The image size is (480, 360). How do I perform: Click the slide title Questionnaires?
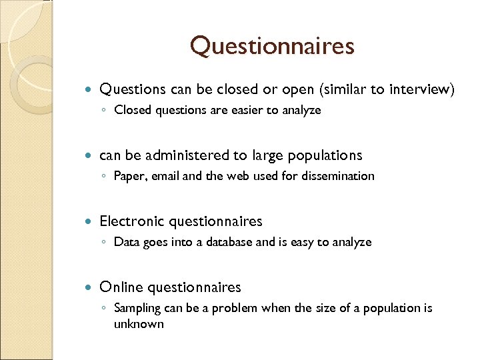(272, 46)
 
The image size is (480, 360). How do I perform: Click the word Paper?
(127, 176)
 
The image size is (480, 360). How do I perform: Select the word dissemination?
(337, 176)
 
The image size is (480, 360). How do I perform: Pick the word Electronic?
(132, 221)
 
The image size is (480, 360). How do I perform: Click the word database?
(228, 242)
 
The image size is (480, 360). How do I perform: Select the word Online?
(121, 287)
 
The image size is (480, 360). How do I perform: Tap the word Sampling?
(137, 308)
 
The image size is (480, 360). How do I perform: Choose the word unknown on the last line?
(139, 324)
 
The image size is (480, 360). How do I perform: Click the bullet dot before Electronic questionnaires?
(91, 221)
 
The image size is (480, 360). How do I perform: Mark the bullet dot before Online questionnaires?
(91, 287)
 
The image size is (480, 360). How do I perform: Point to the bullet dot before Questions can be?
(91, 89)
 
